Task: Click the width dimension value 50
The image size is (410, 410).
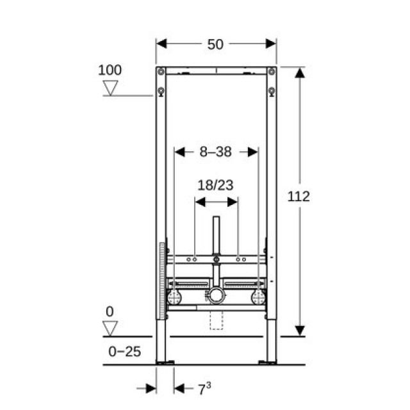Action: (216, 44)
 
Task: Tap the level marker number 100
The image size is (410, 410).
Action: (110, 70)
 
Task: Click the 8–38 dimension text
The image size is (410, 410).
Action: (215, 152)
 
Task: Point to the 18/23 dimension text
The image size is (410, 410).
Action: (215, 185)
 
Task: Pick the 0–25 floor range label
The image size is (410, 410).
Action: (124, 351)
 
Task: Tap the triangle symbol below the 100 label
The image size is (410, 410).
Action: (111, 88)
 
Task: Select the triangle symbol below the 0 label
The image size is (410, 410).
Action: (111, 328)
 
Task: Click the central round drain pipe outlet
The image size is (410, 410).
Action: (215, 296)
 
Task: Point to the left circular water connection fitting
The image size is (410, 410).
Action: (174, 297)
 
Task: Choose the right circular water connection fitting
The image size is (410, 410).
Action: (258, 297)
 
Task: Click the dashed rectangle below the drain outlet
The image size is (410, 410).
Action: (217, 320)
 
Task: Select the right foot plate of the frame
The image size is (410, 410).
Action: (267, 363)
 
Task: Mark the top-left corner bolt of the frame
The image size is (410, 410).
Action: (161, 72)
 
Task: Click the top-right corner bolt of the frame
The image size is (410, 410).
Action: (272, 72)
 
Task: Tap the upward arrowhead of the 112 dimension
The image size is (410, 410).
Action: (299, 72)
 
